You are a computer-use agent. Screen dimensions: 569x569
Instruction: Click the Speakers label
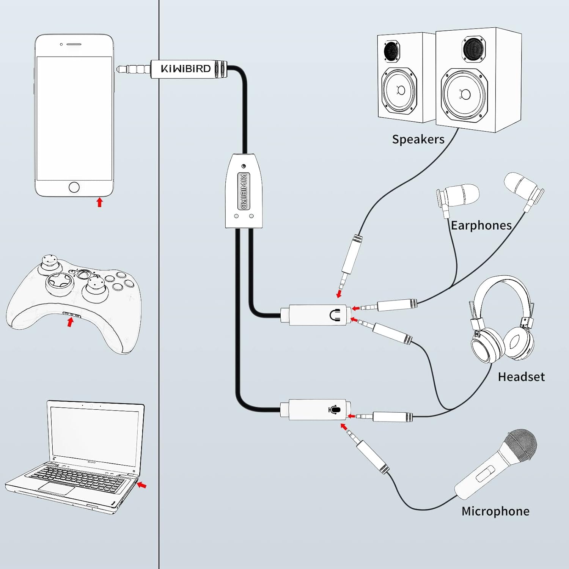click(x=418, y=139)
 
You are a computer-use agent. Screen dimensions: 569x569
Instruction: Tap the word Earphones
click(x=481, y=225)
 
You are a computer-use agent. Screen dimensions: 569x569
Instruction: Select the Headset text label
click(x=521, y=377)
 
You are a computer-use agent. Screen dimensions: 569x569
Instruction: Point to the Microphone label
click(x=495, y=511)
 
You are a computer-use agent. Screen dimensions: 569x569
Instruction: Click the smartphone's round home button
click(x=74, y=187)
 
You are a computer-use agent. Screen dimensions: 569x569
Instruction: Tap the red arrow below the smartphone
click(x=99, y=202)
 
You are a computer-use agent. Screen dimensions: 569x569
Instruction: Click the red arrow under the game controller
click(x=70, y=322)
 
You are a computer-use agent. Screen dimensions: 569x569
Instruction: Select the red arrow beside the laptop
click(x=142, y=485)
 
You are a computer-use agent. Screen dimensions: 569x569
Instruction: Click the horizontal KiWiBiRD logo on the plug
click(x=185, y=69)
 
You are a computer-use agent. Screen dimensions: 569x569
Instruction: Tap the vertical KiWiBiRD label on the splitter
click(x=244, y=191)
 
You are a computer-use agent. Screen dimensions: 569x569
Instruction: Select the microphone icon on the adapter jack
click(x=334, y=410)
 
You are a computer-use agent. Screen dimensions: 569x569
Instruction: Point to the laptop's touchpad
click(x=56, y=489)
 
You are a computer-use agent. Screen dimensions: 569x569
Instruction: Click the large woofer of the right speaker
click(x=465, y=94)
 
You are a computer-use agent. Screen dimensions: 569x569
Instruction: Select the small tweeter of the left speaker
click(x=391, y=51)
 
